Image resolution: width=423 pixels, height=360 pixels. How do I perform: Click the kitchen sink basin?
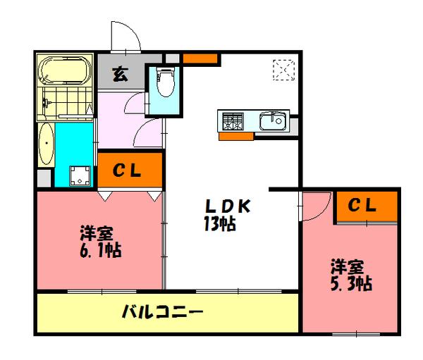273,122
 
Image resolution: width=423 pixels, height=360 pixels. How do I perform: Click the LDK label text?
228,207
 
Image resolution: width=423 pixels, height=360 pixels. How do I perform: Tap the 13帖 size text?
220,225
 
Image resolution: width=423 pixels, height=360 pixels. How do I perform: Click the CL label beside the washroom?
129,170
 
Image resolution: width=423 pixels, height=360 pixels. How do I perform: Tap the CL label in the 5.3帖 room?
364,206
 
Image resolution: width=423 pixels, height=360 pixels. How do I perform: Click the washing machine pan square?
80,175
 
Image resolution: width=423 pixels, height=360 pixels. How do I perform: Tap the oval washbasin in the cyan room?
45,144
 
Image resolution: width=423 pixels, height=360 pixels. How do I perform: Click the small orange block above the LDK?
200,58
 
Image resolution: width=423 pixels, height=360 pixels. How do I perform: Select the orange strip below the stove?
235,137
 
